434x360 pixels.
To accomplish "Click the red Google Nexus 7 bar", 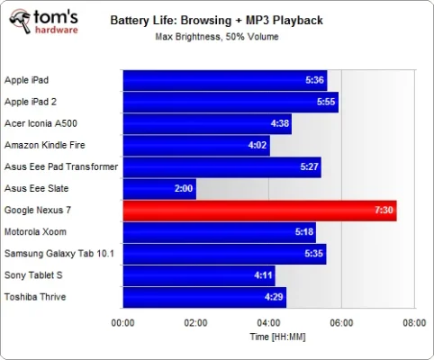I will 259,211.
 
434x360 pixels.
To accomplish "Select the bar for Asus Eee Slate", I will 159,189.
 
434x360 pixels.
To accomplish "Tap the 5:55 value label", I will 326,102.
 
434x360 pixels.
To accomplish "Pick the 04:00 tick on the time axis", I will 268,321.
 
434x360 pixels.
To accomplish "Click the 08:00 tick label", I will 413,321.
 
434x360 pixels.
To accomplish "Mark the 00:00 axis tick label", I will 123,321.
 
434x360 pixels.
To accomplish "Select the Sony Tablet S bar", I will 199,275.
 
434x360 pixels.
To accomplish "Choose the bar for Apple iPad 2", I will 231,102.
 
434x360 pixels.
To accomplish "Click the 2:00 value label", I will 184,189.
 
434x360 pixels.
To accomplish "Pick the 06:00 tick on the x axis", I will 341,321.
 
